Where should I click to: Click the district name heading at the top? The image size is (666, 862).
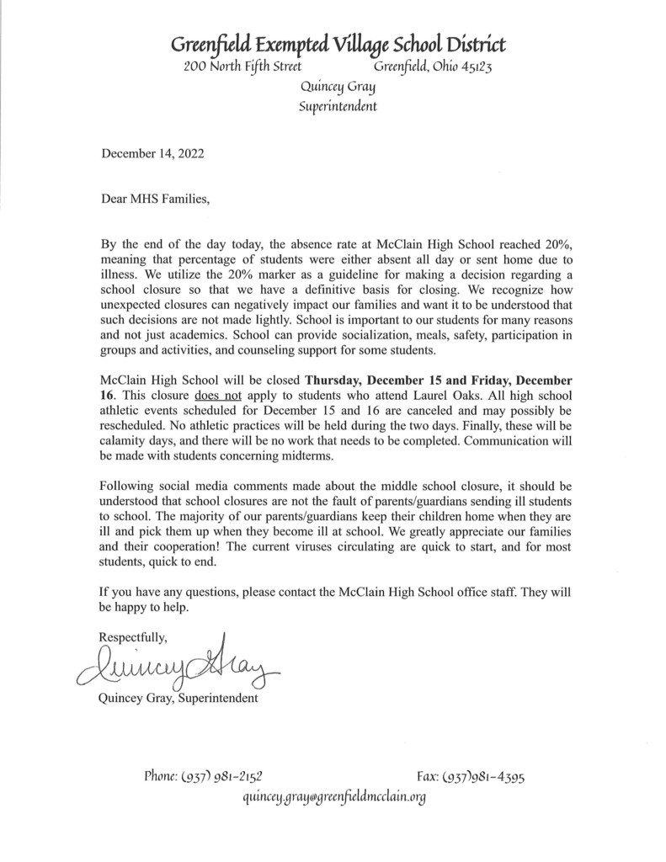click(338, 44)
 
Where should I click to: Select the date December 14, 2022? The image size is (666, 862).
click(152, 153)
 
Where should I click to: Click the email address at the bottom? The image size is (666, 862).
click(333, 796)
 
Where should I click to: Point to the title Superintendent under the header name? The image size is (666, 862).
click(338, 107)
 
